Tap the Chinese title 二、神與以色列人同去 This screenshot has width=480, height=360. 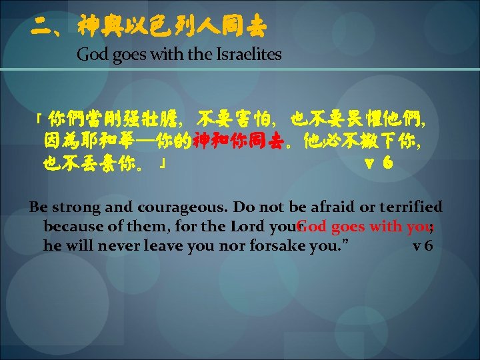(149, 27)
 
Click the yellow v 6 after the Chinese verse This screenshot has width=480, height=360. (378, 163)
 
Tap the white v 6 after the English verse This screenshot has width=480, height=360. (423, 246)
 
